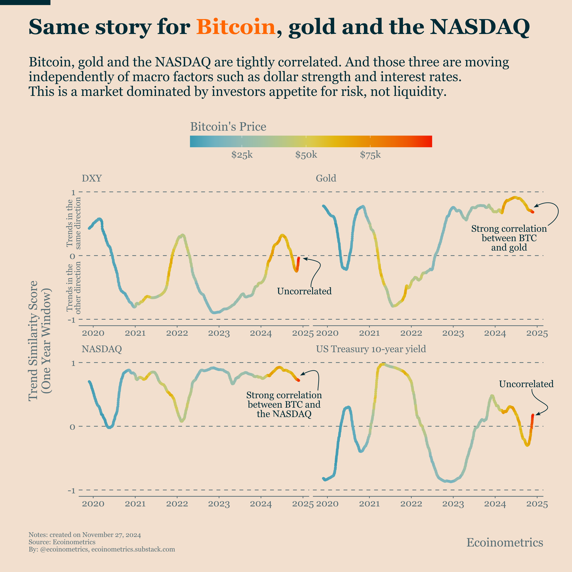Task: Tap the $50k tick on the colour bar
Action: (x=306, y=141)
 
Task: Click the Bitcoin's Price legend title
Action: (x=228, y=127)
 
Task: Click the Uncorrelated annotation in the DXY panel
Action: (x=304, y=291)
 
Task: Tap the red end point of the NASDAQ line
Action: (x=299, y=380)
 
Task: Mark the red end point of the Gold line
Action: (x=533, y=212)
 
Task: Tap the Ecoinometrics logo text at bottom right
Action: (x=505, y=542)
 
